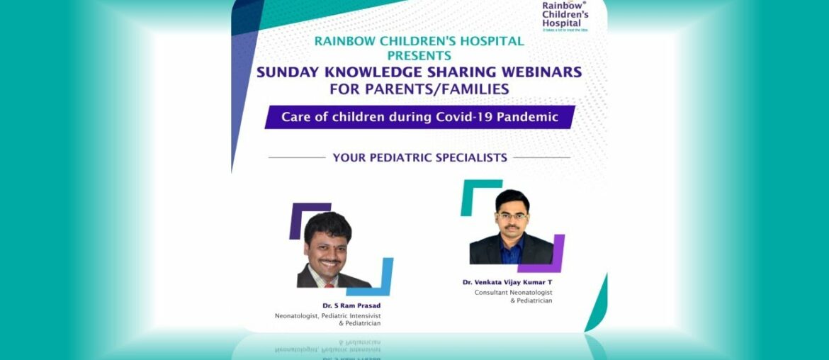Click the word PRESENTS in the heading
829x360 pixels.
click(419, 55)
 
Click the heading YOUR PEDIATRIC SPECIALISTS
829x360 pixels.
click(419, 157)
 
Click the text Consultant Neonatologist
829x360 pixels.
click(513, 292)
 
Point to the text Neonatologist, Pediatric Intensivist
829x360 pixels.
click(327, 315)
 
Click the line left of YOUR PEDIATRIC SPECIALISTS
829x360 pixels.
click(297, 157)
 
